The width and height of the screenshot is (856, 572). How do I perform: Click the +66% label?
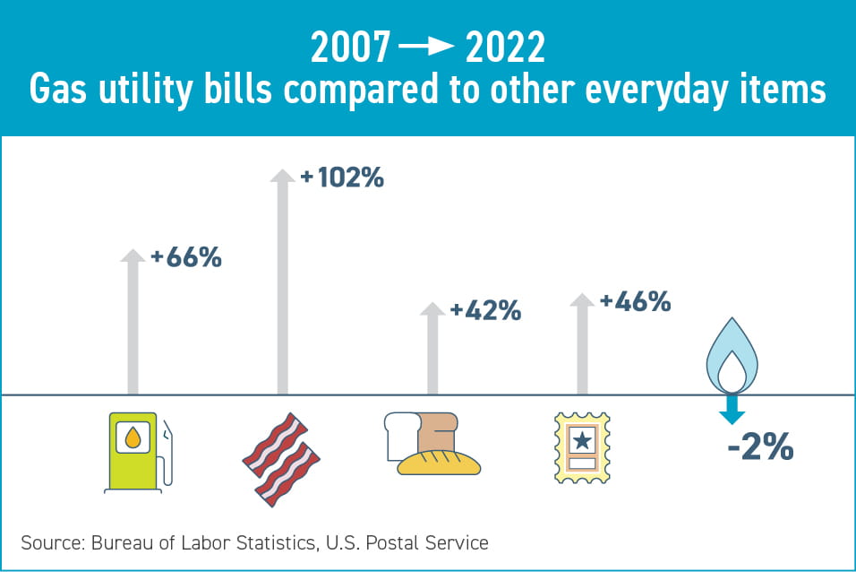(x=186, y=258)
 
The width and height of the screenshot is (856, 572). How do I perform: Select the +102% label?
(x=342, y=178)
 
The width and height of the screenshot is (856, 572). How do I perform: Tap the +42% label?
(x=485, y=311)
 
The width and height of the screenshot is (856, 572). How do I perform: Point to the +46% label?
(x=635, y=302)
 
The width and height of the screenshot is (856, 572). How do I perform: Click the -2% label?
(x=760, y=447)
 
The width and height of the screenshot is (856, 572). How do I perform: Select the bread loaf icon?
(x=432, y=443)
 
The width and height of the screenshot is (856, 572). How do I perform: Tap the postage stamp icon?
(x=582, y=447)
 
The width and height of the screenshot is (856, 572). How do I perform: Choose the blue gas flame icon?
(x=732, y=354)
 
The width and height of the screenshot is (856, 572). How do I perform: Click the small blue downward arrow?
(x=732, y=410)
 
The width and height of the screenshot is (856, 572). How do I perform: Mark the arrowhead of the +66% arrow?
(x=133, y=255)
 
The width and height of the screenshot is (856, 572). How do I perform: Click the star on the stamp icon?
(x=582, y=440)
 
